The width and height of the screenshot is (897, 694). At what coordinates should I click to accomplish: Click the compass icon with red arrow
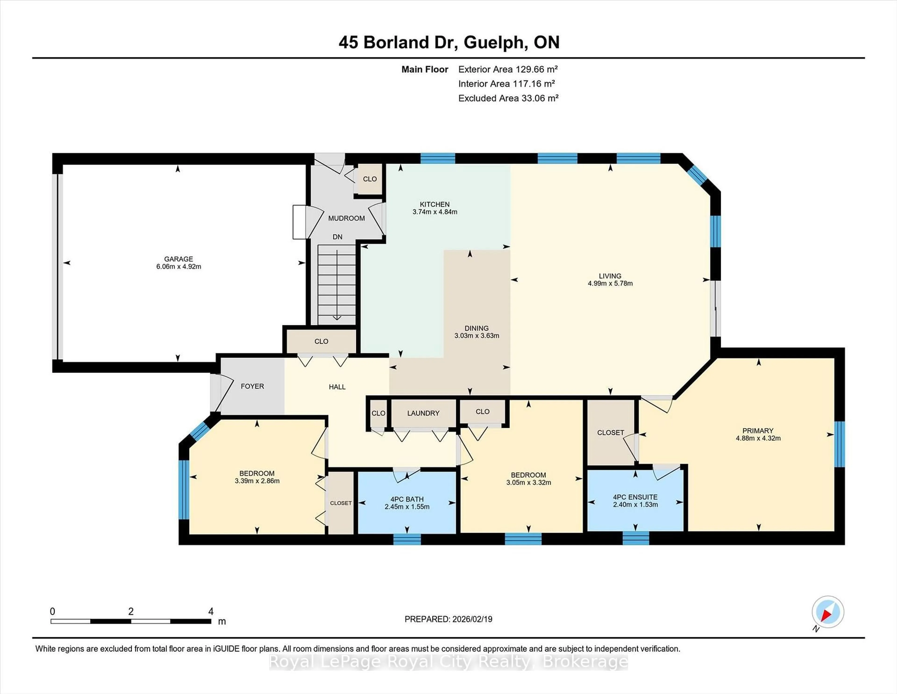tap(828, 612)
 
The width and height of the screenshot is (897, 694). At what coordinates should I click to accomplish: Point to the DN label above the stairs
tap(337, 237)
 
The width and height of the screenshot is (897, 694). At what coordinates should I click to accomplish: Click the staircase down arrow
tap(337, 317)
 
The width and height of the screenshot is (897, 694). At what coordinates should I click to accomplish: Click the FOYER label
tap(252, 386)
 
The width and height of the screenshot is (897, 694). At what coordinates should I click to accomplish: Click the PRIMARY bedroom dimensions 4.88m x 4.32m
tap(758, 438)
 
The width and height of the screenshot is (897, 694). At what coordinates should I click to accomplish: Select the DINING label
tap(477, 328)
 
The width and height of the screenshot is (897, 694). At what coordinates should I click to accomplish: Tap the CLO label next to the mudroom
tap(370, 179)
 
